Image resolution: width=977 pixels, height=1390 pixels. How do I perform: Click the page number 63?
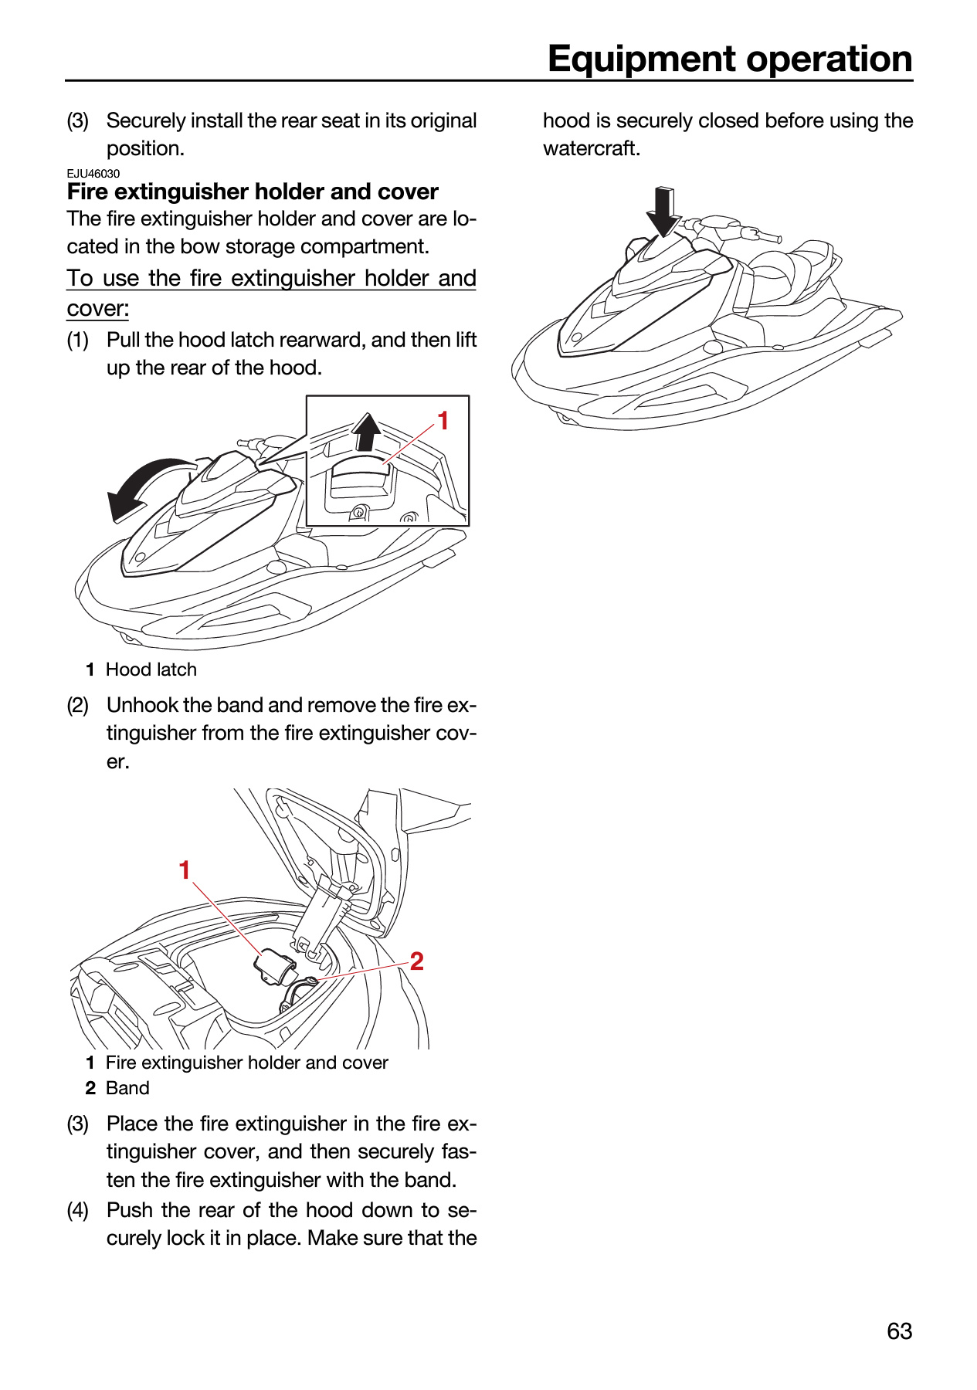click(x=900, y=1331)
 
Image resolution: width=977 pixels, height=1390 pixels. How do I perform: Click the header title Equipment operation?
click(x=730, y=59)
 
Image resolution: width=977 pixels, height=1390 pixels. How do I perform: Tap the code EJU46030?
click(x=93, y=174)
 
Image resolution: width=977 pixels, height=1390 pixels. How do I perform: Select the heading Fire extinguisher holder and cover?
click(x=253, y=192)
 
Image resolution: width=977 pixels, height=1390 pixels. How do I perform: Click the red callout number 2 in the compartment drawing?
click(x=416, y=961)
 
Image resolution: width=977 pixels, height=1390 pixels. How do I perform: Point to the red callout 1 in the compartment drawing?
click(x=185, y=870)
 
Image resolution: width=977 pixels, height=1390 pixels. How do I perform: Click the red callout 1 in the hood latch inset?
click(x=443, y=421)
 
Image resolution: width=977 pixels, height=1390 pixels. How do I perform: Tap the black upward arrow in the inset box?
click(x=367, y=432)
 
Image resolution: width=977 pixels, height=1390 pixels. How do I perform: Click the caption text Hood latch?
click(x=151, y=670)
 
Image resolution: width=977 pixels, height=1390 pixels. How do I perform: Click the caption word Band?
click(x=127, y=1088)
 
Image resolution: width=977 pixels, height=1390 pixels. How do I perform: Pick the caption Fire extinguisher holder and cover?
click(x=247, y=1063)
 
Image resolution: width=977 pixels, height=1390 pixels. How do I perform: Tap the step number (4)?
click(x=78, y=1210)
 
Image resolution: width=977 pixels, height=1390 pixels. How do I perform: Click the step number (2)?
click(x=78, y=705)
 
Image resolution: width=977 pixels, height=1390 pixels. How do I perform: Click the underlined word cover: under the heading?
click(x=98, y=309)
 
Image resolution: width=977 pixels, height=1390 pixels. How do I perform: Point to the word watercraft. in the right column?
click(x=592, y=148)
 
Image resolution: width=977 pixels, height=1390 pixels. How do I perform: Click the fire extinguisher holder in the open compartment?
click(x=275, y=967)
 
